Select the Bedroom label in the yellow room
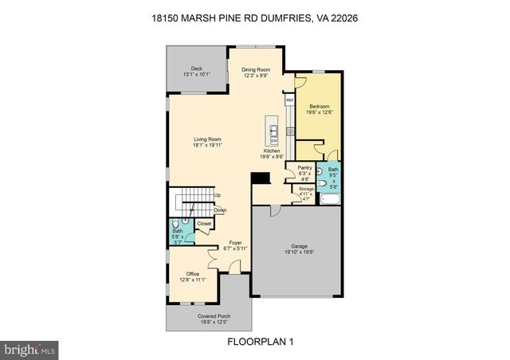pyautogui.click(x=320, y=106)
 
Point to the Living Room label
pyautogui.click(x=206, y=140)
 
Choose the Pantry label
pyautogui.click(x=304, y=168)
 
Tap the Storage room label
pyautogui.click(x=306, y=189)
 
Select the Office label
pyautogui.click(x=193, y=274)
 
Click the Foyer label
pyautogui.click(x=235, y=242)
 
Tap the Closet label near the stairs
pyautogui.click(x=204, y=224)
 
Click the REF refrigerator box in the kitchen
pyautogui.click(x=290, y=100)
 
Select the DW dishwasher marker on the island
pyautogui.click(x=273, y=141)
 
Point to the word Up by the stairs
pyautogui.click(x=217, y=195)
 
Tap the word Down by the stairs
pyautogui.click(x=220, y=210)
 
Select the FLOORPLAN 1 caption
pyautogui.click(x=254, y=342)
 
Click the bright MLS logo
pyautogui.click(x=30, y=349)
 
